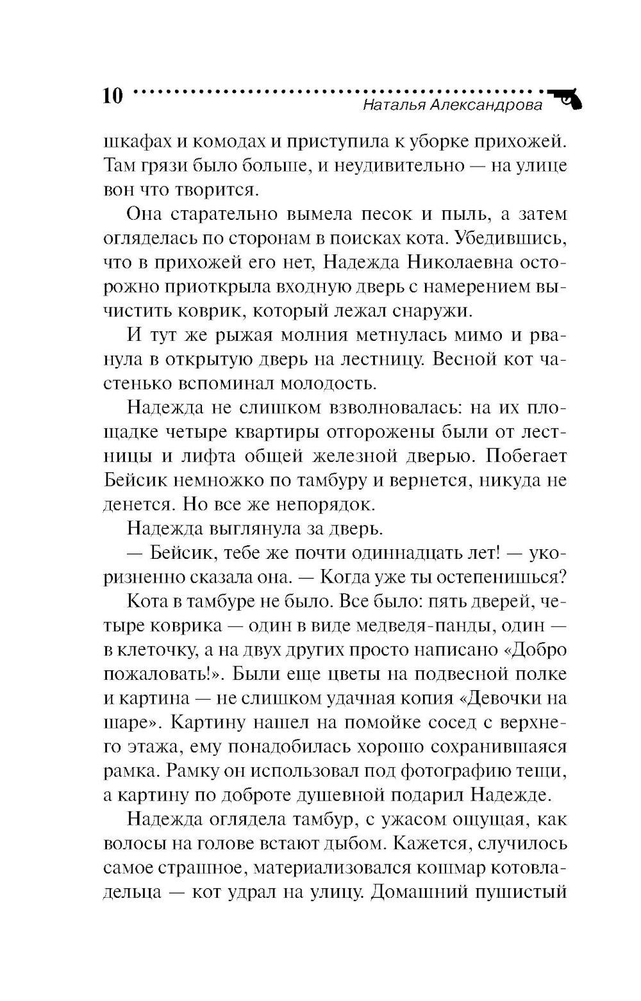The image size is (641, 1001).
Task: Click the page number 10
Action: point(112,96)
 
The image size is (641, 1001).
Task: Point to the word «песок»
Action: point(375,214)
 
